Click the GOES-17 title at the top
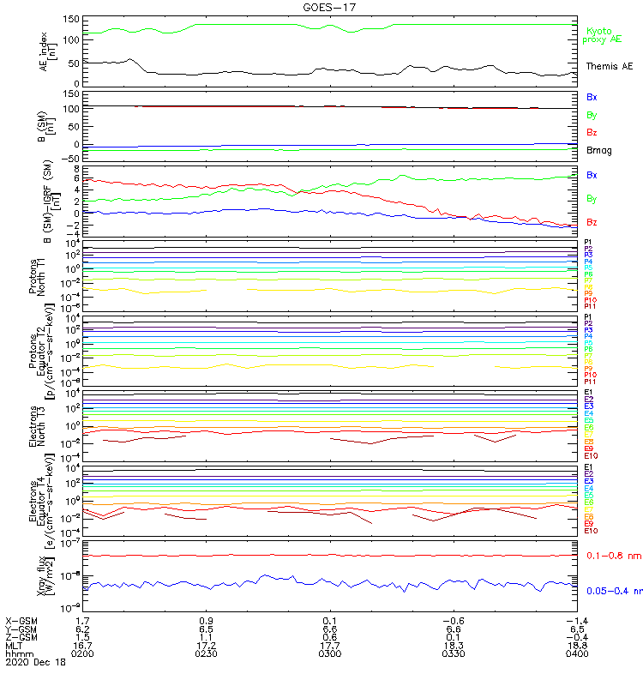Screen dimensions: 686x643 coord(321,7)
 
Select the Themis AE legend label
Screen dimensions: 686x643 coord(608,66)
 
